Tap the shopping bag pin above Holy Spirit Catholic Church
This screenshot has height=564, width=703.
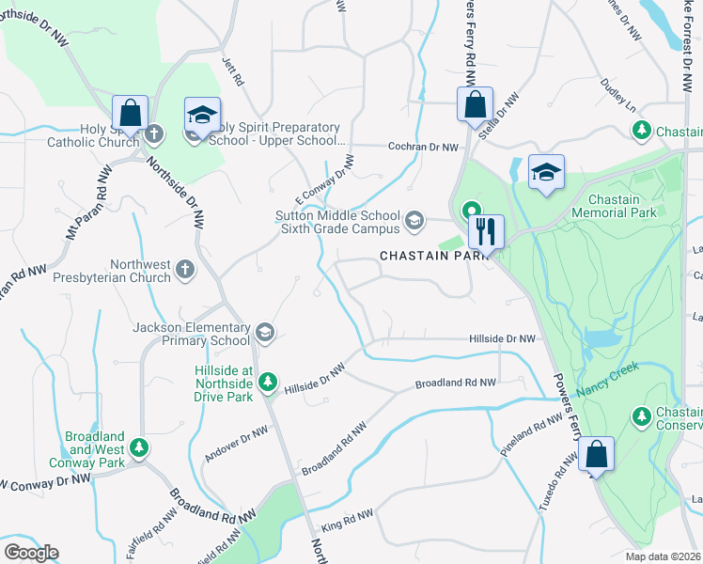pyautogui.click(x=131, y=113)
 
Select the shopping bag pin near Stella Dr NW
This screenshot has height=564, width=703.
pyautogui.click(x=476, y=103)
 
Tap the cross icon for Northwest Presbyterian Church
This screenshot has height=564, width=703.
pyautogui.click(x=185, y=270)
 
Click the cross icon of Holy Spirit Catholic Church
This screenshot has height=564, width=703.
pyautogui.click(x=154, y=134)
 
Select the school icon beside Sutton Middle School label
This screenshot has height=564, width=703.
pyautogui.click(x=414, y=222)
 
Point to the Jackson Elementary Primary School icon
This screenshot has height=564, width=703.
pyautogui.click(x=265, y=331)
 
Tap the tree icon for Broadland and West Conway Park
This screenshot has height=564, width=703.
pyautogui.click(x=139, y=446)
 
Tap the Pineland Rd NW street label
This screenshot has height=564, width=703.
pyautogui.click(x=530, y=440)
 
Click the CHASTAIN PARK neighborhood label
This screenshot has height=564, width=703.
pyautogui.click(x=437, y=256)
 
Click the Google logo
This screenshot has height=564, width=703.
pyautogui.click(x=31, y=552)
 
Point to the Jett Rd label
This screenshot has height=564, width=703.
pyautogui.click(x=232, y=73)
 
